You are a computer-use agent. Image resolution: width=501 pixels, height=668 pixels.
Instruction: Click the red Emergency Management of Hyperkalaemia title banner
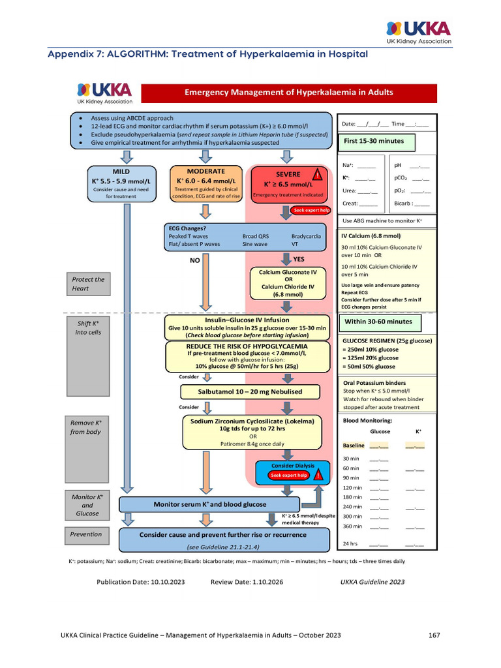coord(289,93)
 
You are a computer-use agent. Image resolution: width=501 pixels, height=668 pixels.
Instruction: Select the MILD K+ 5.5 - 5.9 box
coord(121,184)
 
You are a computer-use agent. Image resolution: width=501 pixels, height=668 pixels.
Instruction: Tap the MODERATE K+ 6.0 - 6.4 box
coord(205,184)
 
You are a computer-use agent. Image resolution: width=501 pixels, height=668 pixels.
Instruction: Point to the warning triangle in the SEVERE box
coord(317,174)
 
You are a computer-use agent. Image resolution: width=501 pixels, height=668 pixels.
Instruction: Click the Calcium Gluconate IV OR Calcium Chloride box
coord(288,283)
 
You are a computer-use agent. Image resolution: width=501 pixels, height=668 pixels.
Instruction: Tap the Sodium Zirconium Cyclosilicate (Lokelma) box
coord(252,433)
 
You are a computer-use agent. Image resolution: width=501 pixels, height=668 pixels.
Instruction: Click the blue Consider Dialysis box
coord(293,470)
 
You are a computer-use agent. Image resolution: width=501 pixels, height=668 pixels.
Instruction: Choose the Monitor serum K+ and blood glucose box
coord(209,504)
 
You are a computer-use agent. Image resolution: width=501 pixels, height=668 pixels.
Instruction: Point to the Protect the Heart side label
coord(88,284)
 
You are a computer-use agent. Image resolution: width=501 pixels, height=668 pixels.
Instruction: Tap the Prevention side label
coord(87,534)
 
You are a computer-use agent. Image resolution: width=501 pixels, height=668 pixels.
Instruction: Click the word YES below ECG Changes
coord(299,259)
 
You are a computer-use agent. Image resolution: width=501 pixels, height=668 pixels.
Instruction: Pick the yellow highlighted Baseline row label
coord(353,446)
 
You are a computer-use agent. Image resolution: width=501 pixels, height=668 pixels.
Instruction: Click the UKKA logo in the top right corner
coord(418,31)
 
